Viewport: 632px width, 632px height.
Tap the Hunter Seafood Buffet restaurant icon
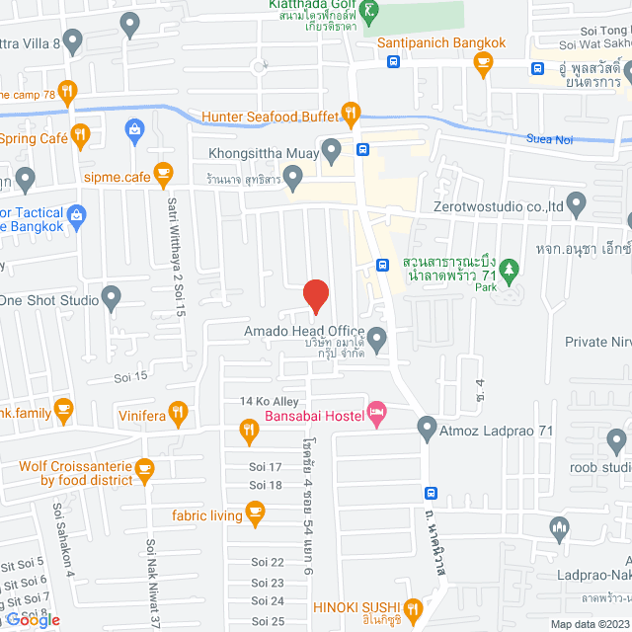350,116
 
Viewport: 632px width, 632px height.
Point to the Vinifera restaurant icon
178,412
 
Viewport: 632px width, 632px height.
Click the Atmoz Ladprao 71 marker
427,430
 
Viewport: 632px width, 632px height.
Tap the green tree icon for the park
510,268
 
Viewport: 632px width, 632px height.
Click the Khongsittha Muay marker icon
333,152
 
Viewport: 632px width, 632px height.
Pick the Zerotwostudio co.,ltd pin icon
577,206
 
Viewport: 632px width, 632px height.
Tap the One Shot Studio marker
112,297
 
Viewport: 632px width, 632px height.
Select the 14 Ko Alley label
269,401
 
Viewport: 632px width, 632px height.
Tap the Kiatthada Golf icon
370,13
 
